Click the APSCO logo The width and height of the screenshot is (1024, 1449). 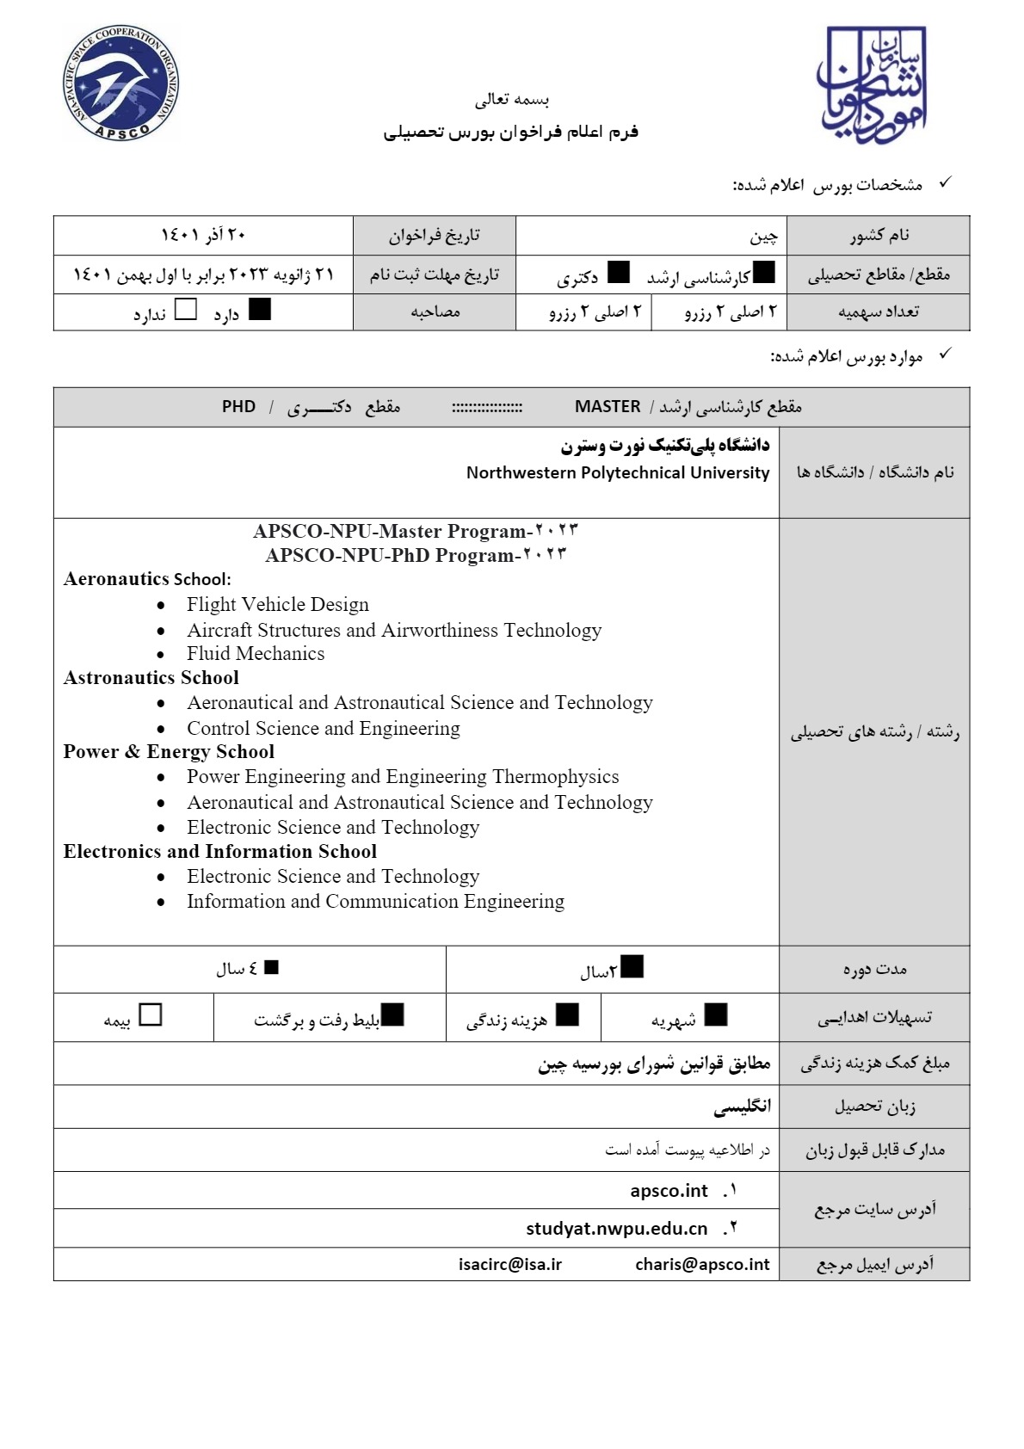pyautogui.click(x=121, y=84)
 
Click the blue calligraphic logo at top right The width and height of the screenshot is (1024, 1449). pyautogui.click(x=872, y=84)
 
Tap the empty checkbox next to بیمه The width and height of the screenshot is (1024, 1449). pyautogui.click(x=151, y=1014)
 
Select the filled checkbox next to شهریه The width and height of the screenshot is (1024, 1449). pyautogui.click(x=715, y=1014)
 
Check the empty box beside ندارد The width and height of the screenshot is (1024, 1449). pyautogui.click(x=186, y=309)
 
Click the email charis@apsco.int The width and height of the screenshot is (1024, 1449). pyautogui.click(x=702, y=1264)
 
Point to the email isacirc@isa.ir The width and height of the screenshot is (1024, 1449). pyautogui.click(x=510, y=1264)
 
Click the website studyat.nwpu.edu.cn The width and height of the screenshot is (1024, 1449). pyautogui.click(x=616, y=1228)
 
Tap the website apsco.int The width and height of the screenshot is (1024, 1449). pyautogui.click(x=669, y=1191)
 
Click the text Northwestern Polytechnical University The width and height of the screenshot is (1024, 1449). pyautogui.click(x=618, y=472)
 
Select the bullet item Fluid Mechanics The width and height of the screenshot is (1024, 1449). pyautogui.click(x=256, y=654)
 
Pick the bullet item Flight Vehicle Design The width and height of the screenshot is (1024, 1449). pyautogui.click(x=278, y=605)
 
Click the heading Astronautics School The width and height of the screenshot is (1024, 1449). pyautogui.click(x=151, y=678)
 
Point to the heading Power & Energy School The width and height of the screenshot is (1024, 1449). pyautogui.click(x=169, y=752)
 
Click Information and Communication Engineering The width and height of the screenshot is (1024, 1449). pyautogui.click(x=375, y=902)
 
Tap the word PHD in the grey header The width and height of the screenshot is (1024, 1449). pyautogui.click(x=238, y=407)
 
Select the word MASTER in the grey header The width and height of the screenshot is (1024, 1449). pyautogui.click(x=608, y=407)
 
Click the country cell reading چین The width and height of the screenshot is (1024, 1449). pyautogui.click(x=763, y=236)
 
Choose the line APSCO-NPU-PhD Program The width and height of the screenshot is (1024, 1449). pyautogui.click(x=415, y=556)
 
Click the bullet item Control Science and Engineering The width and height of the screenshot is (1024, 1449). pyautogui.click(x=324, y=729)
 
